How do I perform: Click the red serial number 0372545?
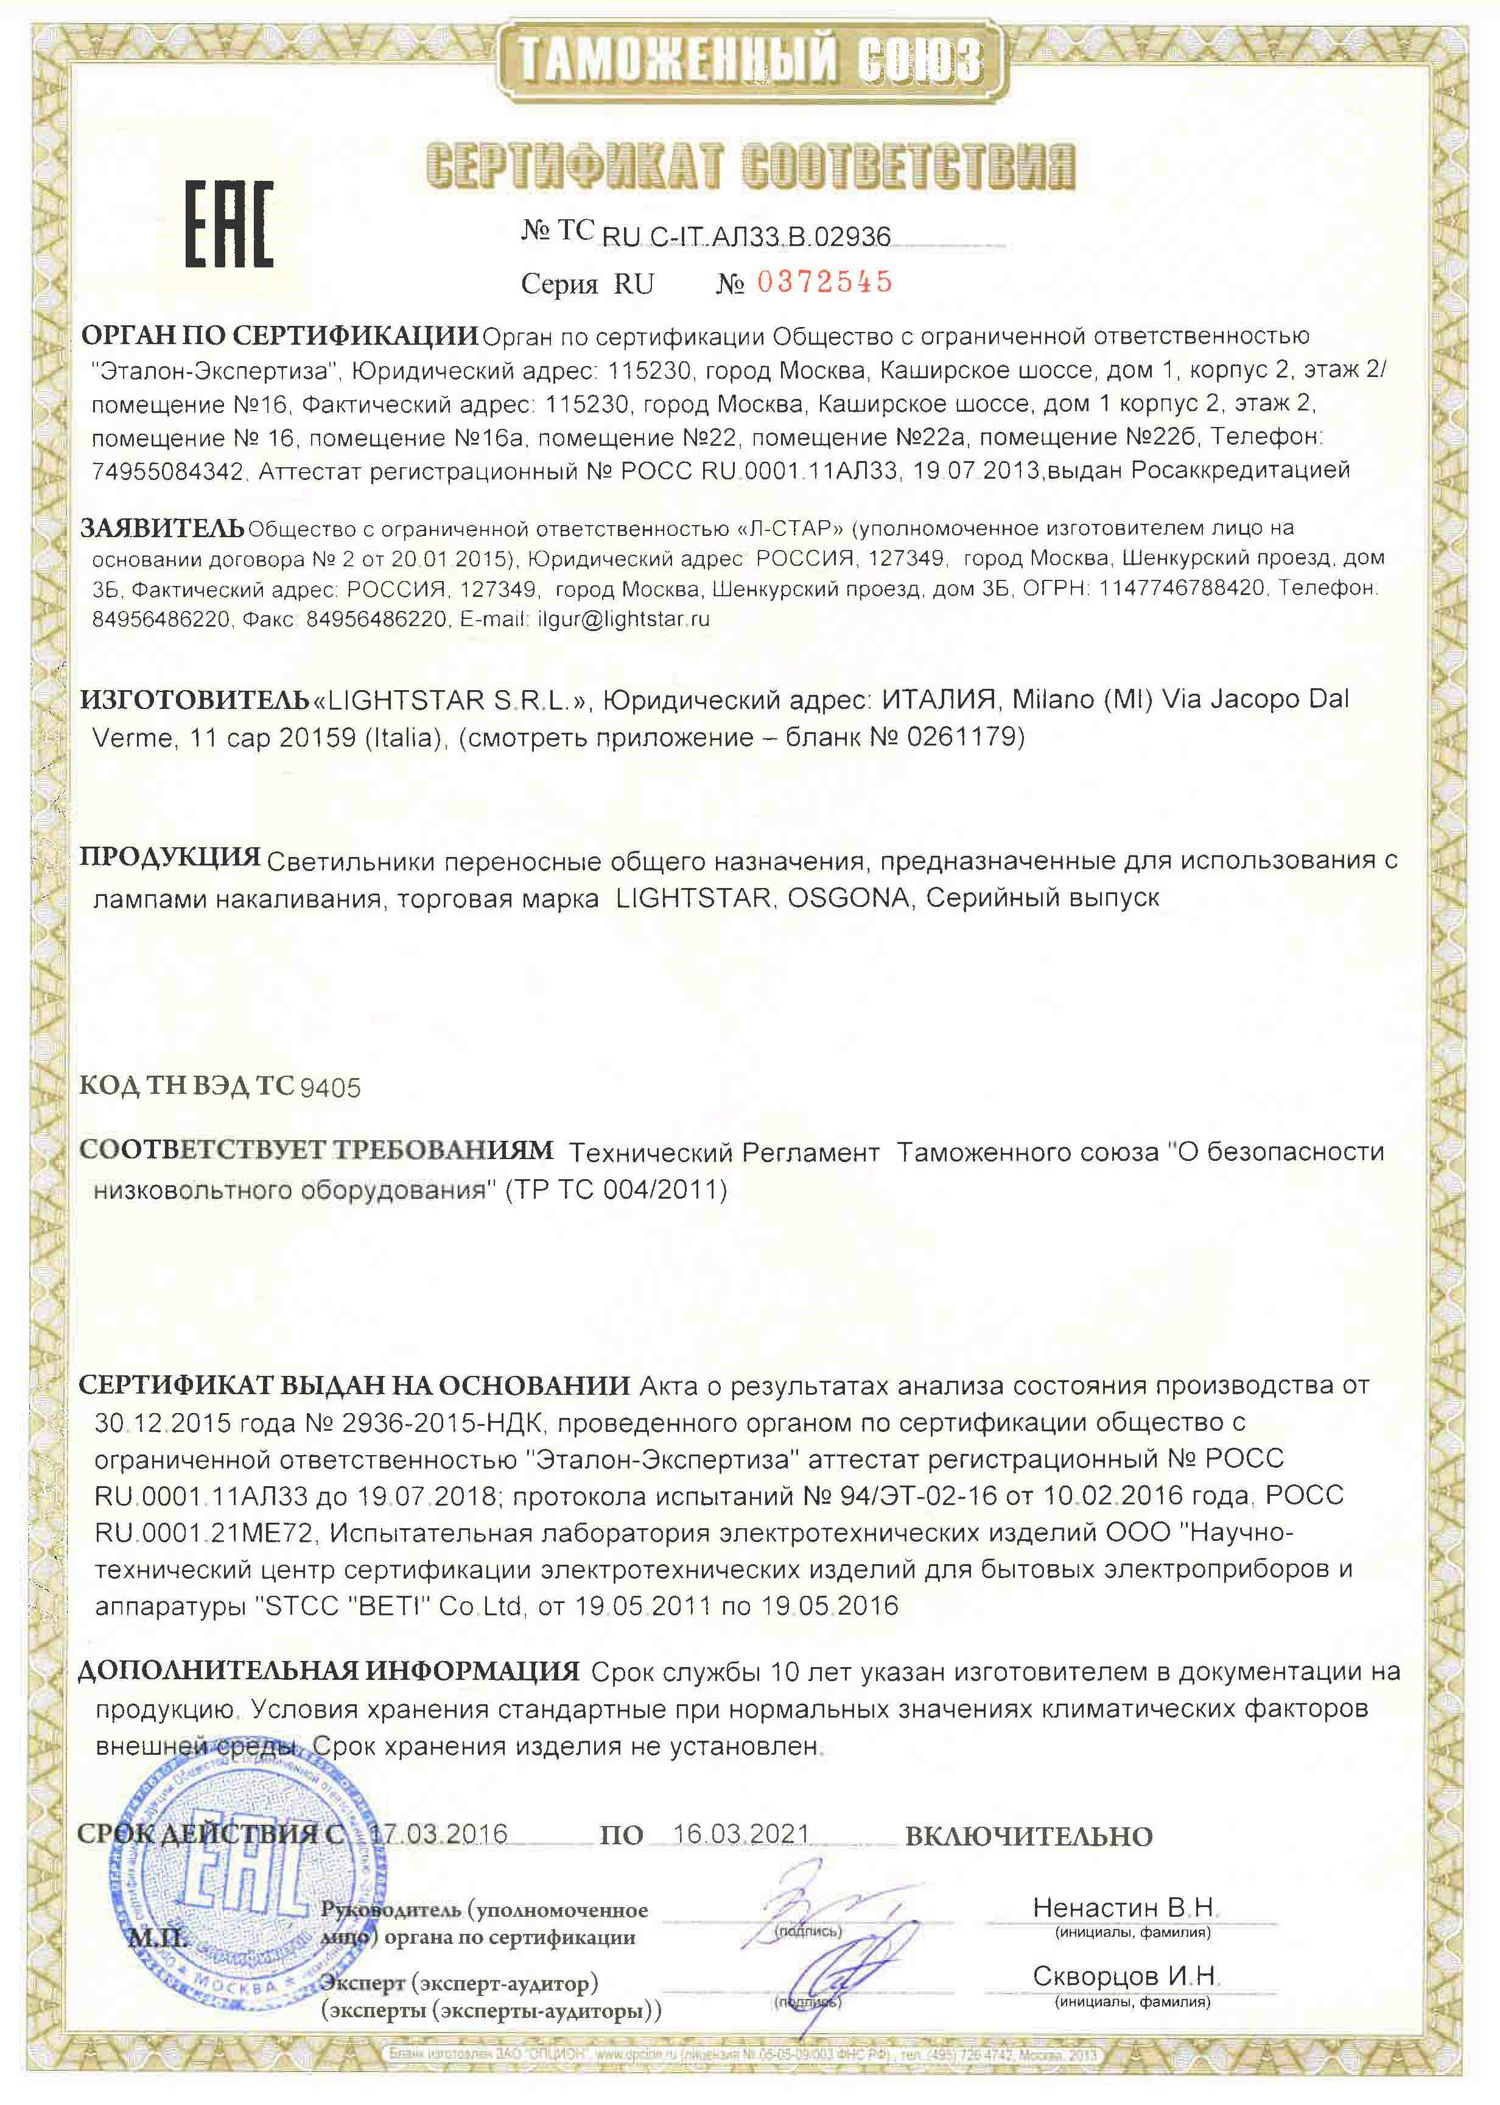tap(825, 281)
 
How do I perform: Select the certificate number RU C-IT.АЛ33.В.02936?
tap(746, 238)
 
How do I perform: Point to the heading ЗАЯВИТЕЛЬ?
tap(163, 529)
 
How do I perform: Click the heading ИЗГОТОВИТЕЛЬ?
tap(195, 699)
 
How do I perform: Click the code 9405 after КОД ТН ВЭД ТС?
tap(331, 1088)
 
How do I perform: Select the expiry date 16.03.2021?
tap(741, 1833)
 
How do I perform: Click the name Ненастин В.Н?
tap(1125, 1907)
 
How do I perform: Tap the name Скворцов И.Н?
tap(1125, 1976)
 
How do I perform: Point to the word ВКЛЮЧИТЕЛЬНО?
tap(1028, 1836)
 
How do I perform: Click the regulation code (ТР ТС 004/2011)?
tap(616, 1190)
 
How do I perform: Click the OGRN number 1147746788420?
tap(1182, 588)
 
